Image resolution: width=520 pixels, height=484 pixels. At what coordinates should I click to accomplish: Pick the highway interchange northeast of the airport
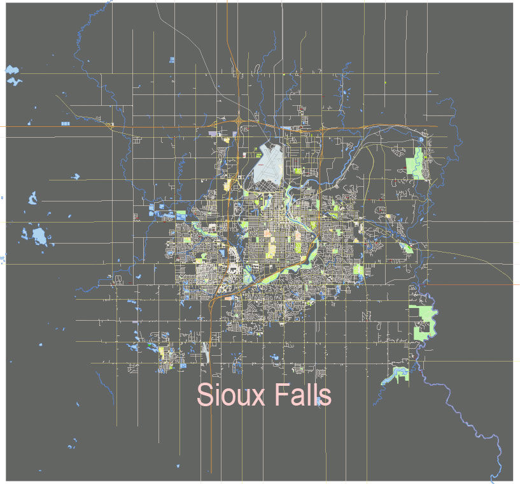pos(322,129)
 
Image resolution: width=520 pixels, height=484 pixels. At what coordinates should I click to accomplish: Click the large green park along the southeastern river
pos(421,323)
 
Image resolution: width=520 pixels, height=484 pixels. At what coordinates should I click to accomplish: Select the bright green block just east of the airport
pos(297,170)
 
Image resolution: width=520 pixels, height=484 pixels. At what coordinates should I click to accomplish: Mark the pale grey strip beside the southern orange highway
pos(205,350)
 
